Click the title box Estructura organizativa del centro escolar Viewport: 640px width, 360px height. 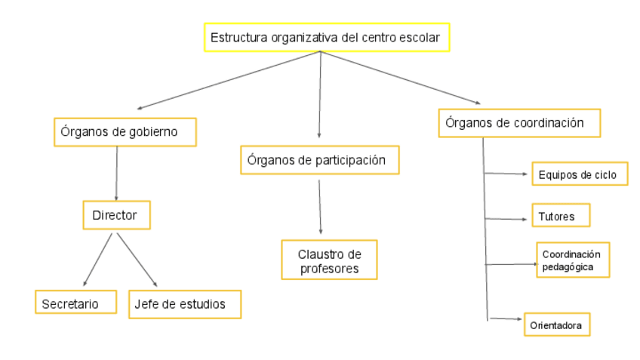327,37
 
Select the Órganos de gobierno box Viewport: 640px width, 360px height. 125,131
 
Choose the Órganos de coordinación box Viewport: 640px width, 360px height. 519,123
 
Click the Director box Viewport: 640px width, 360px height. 116,215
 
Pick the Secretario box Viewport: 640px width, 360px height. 76,303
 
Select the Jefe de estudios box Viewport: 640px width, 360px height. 185,303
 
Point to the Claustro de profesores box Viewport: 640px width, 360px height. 328,259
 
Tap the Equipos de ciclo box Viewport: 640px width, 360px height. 579,174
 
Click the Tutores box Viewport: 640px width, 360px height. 560,216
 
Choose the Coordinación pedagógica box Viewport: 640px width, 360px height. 573,260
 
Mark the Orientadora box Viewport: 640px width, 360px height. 556,325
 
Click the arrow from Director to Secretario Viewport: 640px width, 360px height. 97,259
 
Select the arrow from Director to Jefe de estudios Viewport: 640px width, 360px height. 137,259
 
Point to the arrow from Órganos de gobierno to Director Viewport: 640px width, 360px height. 116,173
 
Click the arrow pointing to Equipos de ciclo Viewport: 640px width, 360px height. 506,174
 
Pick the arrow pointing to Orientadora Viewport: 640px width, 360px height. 506,319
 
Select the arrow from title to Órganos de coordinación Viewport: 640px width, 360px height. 400,78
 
